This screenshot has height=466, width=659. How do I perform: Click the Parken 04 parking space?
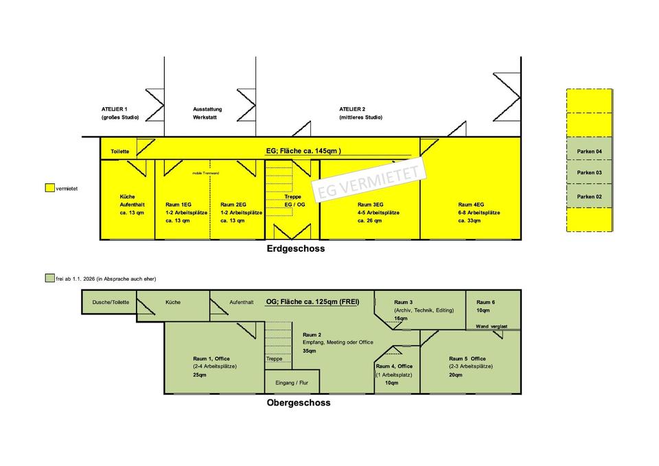pyautogui.click(x=589, y=150)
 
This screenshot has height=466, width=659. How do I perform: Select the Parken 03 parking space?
pyautogui.click(x=589, y=173)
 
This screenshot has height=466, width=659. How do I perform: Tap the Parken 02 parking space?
pyautogui.click(x=589, y=196)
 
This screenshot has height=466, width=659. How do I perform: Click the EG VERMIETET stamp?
pyautogui.click(x=369, y=180)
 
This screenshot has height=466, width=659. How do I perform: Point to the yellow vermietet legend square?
pyautogui.click(x=49, y=187)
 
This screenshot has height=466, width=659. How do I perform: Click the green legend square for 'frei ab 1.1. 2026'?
pyautogui.click(x=49, y=278)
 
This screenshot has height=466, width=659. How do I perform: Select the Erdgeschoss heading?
pyautogui.click(x=296, y=249)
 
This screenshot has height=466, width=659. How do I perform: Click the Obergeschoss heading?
pyautogui.click(x=298, y=403)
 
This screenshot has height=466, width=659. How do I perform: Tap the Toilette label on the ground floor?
pyautogui.click(x=119, y=151)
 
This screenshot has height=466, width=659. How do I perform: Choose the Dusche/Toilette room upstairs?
pyautogui.click(x=110, y=302)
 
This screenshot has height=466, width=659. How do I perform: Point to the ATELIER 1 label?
pyautogui.click(x=115, y=109)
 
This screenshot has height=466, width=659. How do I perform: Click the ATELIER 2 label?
pyautogui.click(x=353, y=109)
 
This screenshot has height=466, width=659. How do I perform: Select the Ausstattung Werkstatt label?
pyautogui.click(x=208, y=113)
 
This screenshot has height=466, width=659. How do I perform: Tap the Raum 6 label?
pyautogui.click(x=485, y=302)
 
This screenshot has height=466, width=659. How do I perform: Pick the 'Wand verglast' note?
pyautogui.click(x=492, y=327)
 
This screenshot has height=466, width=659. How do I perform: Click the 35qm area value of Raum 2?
pyautogui.click(x=310, y=351)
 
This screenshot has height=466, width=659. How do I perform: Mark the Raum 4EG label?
pyautogui.click(x=472, y=205)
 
